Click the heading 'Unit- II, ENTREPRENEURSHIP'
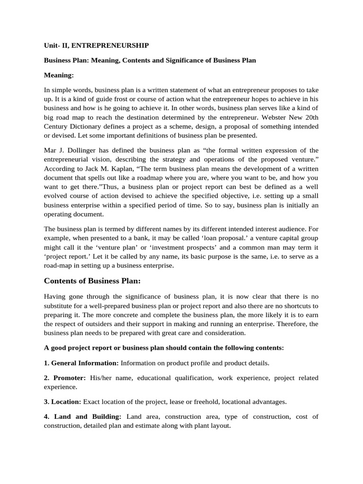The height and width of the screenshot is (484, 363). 96,45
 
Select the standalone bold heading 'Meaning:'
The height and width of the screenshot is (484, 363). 59,75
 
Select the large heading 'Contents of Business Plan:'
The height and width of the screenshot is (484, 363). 92,281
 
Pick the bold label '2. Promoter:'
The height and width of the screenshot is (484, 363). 65,378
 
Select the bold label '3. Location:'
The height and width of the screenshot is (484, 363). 63,402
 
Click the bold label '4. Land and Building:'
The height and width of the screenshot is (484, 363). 83,416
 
